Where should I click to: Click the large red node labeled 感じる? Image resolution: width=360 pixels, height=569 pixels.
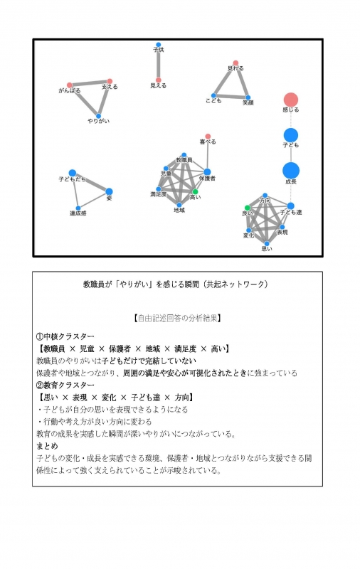pos(290,100)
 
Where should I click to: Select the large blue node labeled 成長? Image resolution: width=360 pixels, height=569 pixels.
pos(290,171)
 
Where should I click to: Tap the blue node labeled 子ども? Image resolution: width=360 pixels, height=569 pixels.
pos(290,135)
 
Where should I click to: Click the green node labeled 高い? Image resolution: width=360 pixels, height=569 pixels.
pos(195,191)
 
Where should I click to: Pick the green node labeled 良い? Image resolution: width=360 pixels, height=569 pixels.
pos(248,208)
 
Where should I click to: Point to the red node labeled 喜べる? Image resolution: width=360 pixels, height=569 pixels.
pos(208,136)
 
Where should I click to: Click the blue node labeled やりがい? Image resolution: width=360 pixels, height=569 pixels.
pos(98,116)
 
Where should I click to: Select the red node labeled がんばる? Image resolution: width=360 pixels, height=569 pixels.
pos(70,85)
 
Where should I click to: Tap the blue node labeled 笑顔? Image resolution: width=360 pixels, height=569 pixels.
pos(248,97)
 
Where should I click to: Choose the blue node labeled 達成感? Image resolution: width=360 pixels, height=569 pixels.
pos(78,208)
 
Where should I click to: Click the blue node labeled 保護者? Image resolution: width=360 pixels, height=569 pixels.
pos(207,171)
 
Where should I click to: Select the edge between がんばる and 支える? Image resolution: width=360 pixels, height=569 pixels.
pos(90,83)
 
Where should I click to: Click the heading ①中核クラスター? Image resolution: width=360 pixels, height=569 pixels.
pos(65,336)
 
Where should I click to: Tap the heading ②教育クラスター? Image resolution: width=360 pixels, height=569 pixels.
pos(65,385)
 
